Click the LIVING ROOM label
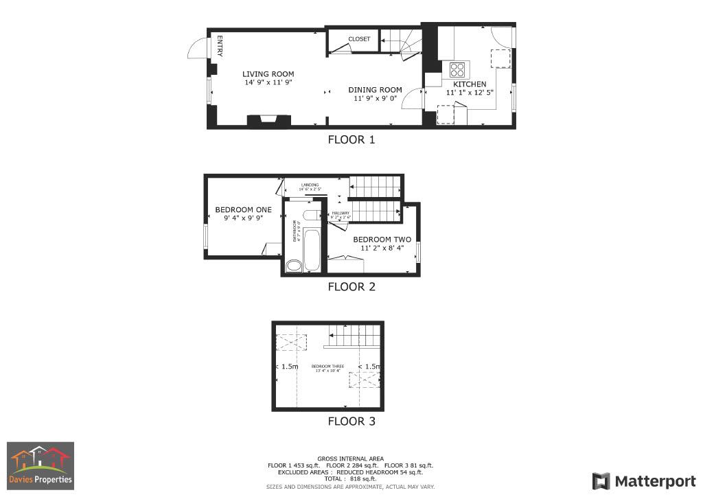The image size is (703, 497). pyautogui.click(x=268, y=74)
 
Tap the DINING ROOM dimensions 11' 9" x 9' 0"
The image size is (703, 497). pyautogui.click(x=376, y=99)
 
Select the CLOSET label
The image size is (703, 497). pyautogui.click(x=359, y=39)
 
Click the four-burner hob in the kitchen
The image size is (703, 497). pyautogui.click(x=458, y=69)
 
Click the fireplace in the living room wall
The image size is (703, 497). pyautogui.click(x=268, y=122)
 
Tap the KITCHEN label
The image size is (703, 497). pyautogui.click(x=470, y=84)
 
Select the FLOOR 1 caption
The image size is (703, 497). pyautogui.click(x=351, y=140)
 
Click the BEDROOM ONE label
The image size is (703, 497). pyautogui.click(x=243, y=210)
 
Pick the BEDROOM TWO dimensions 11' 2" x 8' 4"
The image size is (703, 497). pyautogui.click(x=378, y=248)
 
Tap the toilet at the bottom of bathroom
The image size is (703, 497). pyautogui.click(x=294, y=266)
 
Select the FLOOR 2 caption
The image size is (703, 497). pyautogui.click(x=351, y=287)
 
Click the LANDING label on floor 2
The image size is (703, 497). pyautogui.click(x=310, y=185)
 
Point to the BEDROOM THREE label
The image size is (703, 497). pyautogui.click(x=327, y=367)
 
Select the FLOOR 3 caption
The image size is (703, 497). pyautogui.click(x=351, y=421)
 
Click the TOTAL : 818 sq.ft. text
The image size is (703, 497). pyautogui.click(x=351, y=478)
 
